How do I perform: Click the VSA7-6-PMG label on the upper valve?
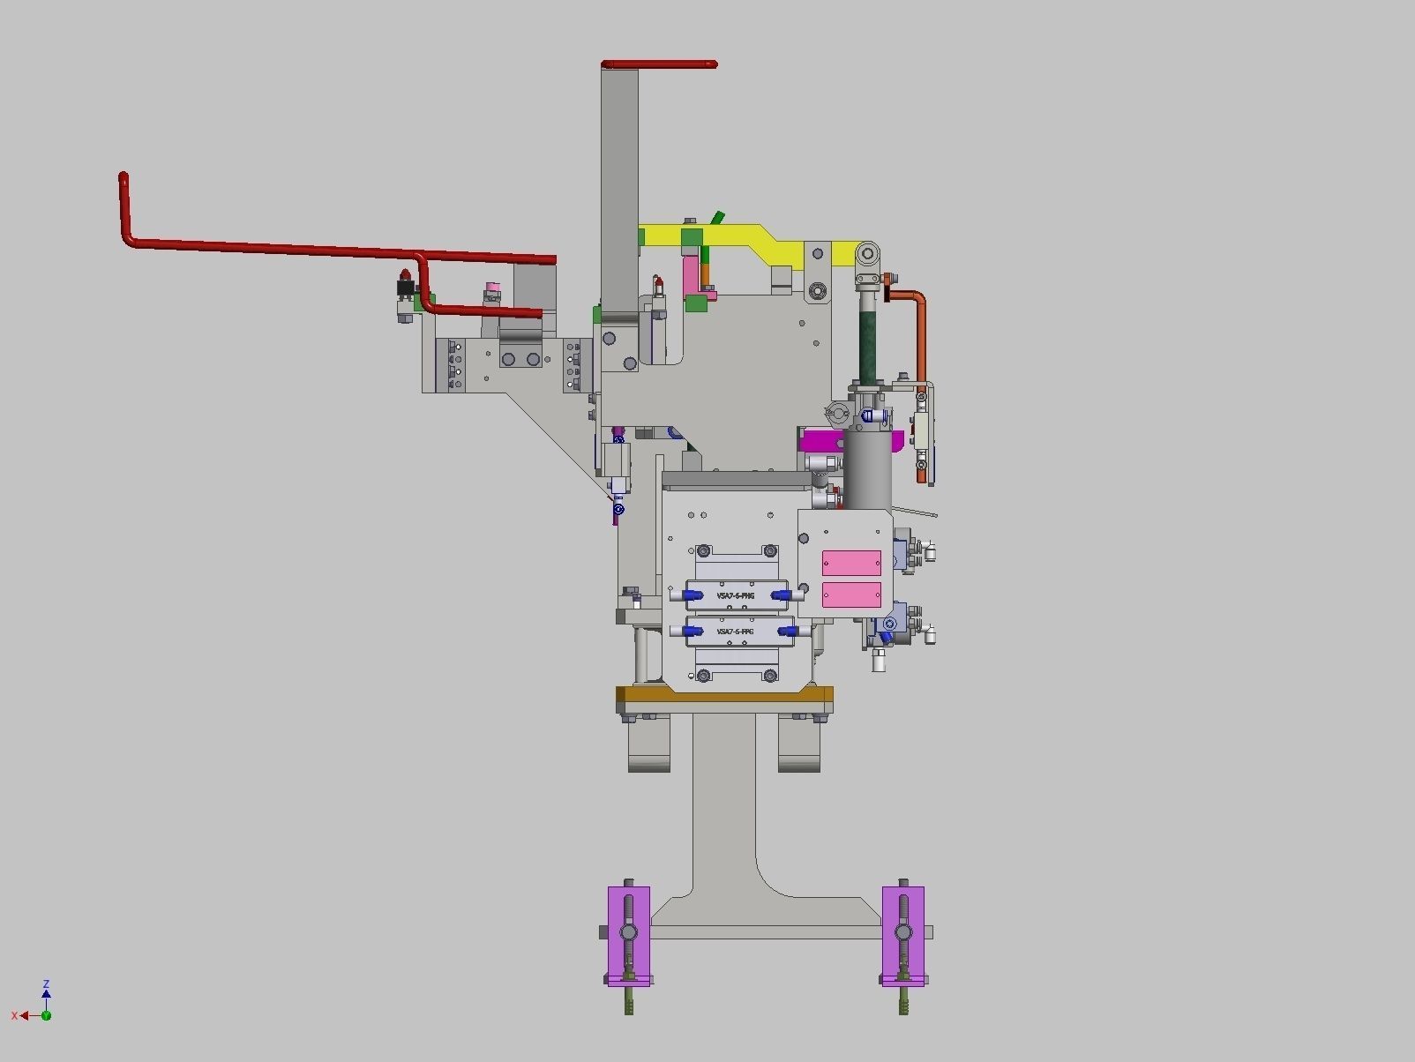(735, 596)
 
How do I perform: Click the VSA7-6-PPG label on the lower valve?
(735, 632)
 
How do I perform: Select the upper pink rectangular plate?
(851, 563)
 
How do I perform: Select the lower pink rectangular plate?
(851, 595)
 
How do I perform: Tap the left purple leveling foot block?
(628, 935)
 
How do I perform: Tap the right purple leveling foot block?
(903, 935)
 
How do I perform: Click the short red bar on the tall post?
(659, 64)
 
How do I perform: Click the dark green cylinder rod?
(871, 340)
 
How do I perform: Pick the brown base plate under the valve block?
(724, 699)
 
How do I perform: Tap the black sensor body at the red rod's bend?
(406, 288)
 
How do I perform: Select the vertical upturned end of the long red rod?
(124, 203)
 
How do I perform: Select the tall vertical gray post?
(619, 194)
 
